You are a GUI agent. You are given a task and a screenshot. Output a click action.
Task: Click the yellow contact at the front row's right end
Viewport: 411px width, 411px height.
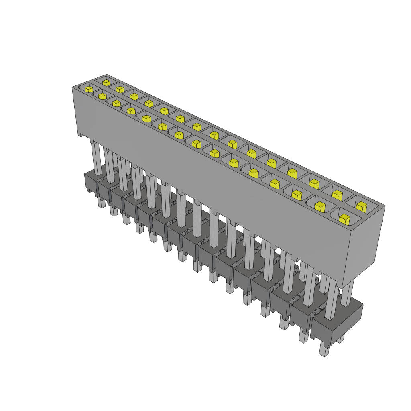click(344, 219)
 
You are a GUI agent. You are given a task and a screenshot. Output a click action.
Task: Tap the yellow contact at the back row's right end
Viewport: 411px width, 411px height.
click(361, 207)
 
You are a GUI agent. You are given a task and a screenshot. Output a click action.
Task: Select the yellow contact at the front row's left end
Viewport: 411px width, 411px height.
click(89, 89)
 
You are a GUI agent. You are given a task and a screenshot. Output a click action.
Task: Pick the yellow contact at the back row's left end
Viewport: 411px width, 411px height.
click(106, 83)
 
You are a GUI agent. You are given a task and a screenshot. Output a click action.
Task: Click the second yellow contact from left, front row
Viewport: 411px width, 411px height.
click(102, 96)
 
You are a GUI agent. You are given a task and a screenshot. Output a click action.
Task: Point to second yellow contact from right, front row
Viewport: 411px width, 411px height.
click(319, 207)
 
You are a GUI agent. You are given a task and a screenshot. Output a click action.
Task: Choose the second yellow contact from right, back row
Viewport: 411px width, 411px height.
click(337, 195)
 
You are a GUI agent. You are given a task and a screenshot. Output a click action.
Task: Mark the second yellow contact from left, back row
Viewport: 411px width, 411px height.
click(120, 89)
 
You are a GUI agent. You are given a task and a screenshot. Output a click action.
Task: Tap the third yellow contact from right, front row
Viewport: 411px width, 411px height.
click(297, 195)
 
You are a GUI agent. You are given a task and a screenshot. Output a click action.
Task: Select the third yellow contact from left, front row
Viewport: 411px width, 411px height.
click(116, 104)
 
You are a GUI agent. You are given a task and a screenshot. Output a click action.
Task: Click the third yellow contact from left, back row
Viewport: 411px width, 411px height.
click(134, 96)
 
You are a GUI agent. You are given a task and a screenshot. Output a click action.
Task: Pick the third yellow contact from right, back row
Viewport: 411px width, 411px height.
click(314, 184)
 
